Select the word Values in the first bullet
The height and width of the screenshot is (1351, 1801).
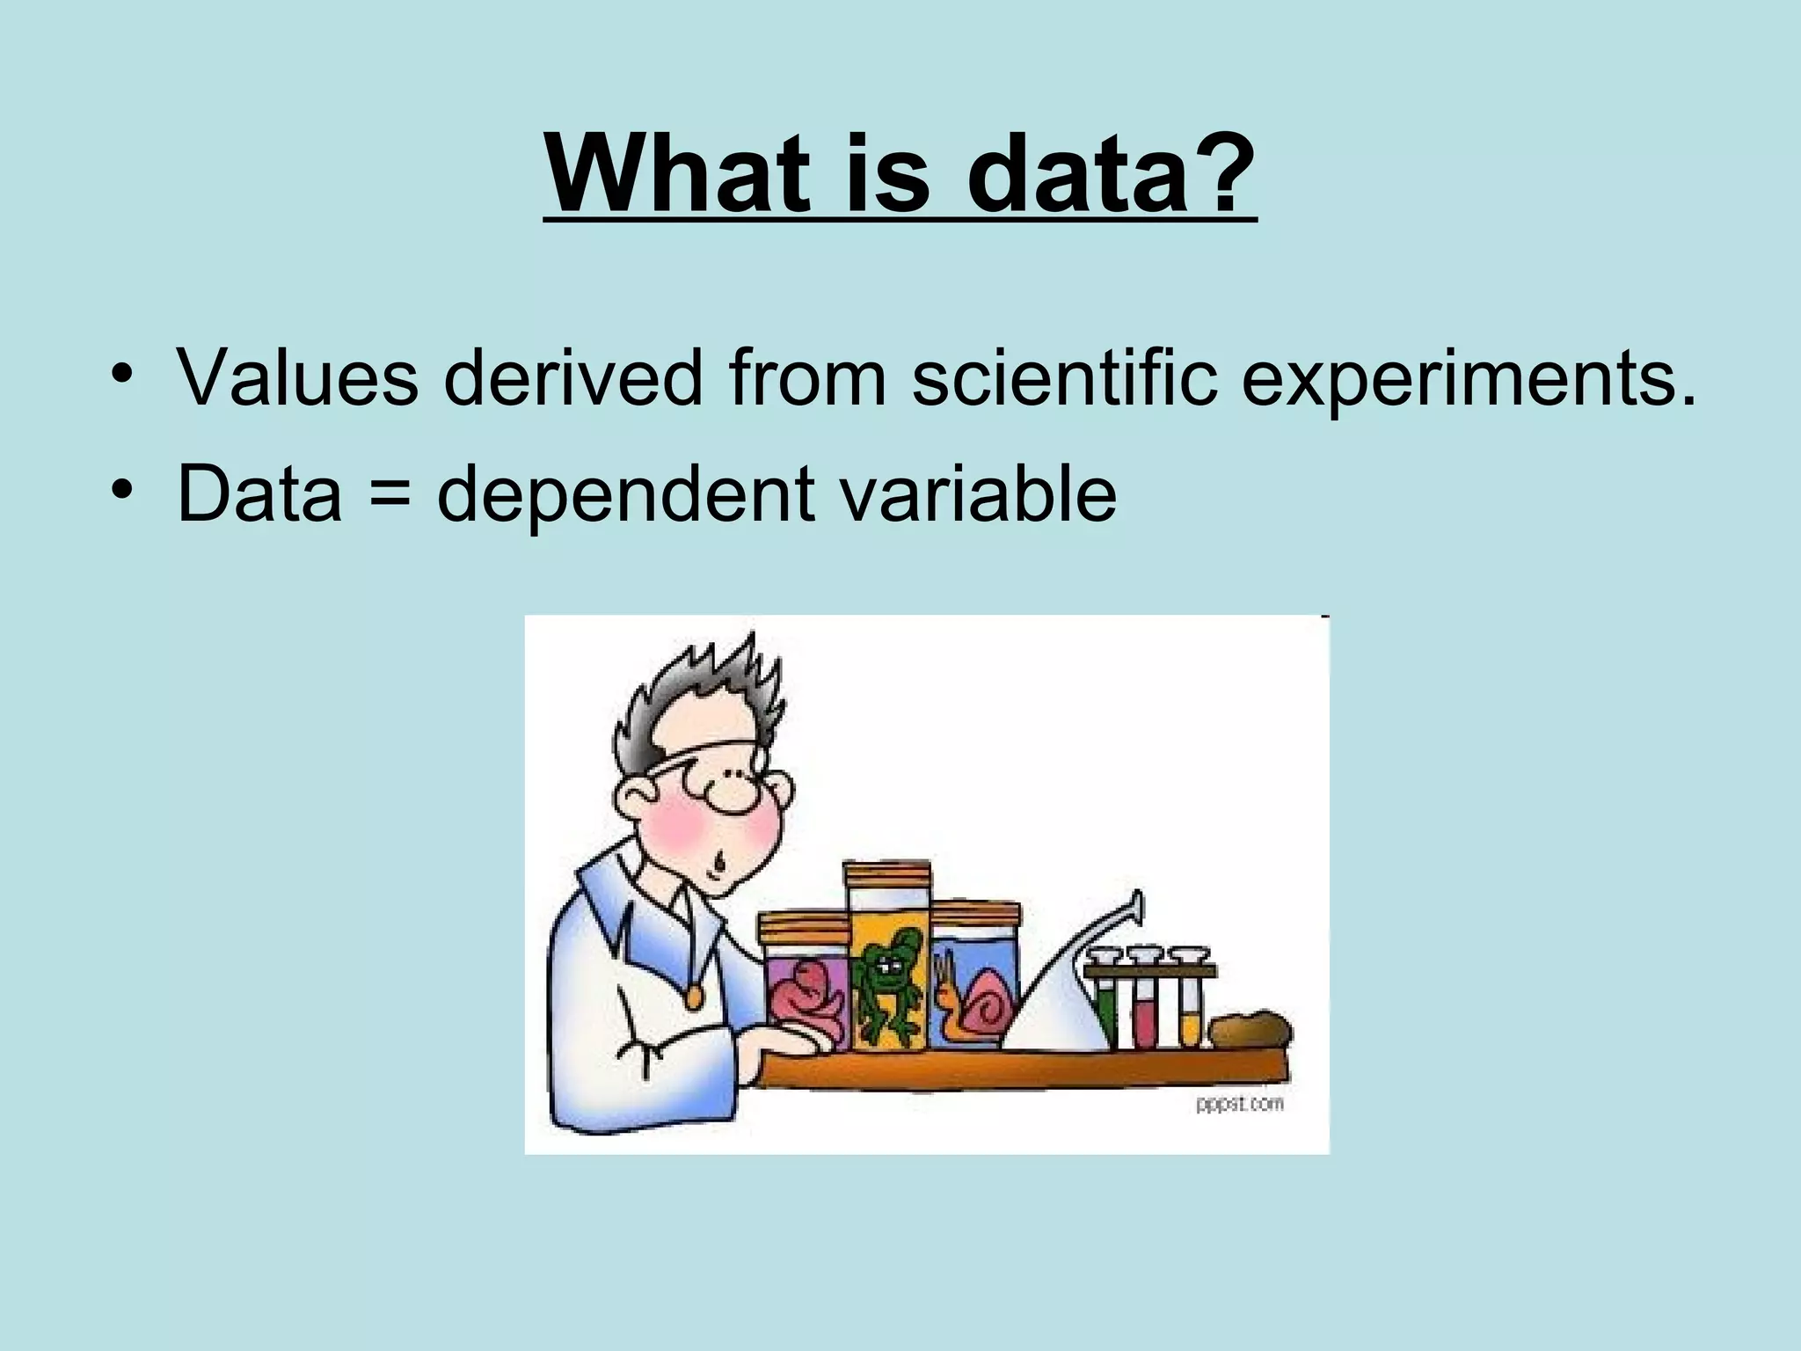[x=297, y=378]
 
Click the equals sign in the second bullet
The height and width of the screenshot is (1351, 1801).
[x=389, y=494]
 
